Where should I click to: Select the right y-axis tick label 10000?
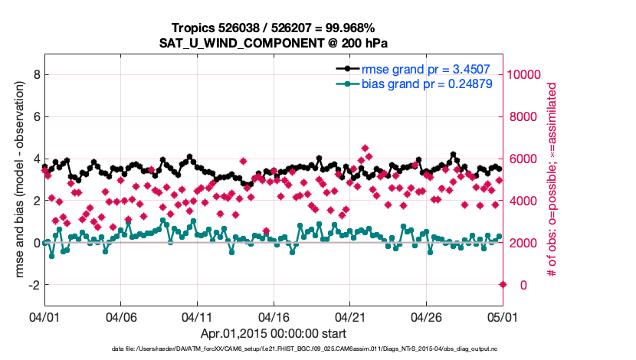pos(525,75)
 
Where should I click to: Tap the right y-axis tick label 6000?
pos(522,159)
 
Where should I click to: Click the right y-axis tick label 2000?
pos(522,243)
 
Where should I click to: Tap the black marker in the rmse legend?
pos(348,69)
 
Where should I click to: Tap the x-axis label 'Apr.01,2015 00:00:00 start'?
pos(274,333)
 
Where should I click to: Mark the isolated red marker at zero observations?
pos(503,284)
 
